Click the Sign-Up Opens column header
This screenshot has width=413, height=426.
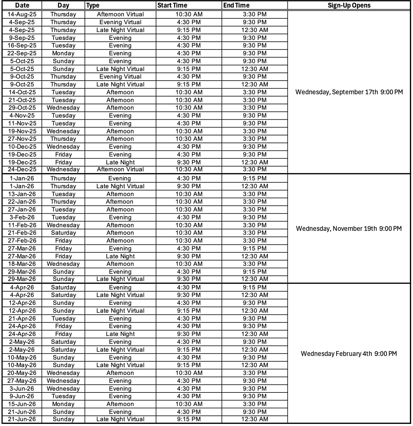point(349,5)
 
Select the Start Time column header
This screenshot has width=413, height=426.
point(172,5)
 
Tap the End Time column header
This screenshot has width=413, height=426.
point(236,5)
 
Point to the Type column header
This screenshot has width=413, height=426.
point(93,5)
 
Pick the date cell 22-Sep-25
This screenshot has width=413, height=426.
point(22,53)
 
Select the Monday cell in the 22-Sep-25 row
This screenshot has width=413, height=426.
point(63,53)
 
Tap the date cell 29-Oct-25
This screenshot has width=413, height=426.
point(22,108)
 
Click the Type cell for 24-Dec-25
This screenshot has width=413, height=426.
point(120,169)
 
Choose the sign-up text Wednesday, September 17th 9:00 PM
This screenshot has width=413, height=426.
point(349,92)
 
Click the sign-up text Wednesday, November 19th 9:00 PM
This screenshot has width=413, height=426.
point(349,228)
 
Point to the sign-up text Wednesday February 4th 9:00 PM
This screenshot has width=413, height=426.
point(349,353)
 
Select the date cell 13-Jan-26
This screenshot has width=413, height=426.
point(22,194)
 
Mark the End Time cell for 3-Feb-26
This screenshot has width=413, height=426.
point(255,217)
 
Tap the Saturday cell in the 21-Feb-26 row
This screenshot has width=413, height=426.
point(63,233)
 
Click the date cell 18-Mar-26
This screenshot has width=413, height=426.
point(22,264)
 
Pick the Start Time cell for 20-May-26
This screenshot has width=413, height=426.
point(189,373)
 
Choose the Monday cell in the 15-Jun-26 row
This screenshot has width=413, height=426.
point(63,404)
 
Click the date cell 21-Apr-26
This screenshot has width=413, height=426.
point(22,318)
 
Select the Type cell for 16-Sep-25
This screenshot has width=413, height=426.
point(120,45)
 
